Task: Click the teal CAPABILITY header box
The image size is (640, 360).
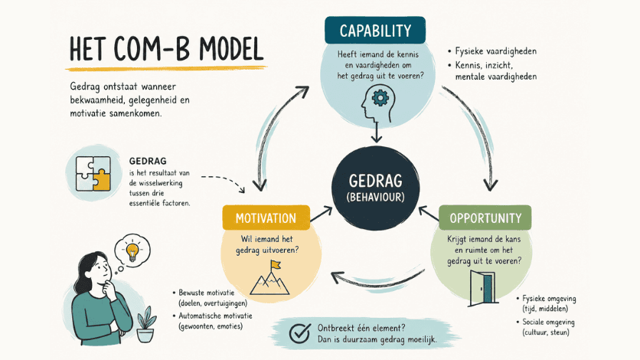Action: click(375, 30)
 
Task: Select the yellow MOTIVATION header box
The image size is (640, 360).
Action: click(266, 218)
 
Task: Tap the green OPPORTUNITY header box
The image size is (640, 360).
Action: click(485, 218)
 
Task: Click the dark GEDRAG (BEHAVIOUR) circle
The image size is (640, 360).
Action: click(376, 188)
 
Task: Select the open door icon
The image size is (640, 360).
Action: click(483, 288)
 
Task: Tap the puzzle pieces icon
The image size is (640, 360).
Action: click(93, 173)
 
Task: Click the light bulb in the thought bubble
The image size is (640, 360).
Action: click(132, 251)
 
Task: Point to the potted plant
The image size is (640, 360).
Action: click(145, 325)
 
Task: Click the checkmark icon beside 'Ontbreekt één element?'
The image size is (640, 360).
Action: click(300, 333)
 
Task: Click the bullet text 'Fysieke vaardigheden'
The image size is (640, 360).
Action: click(496, 51)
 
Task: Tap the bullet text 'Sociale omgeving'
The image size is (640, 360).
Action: click(548, 322)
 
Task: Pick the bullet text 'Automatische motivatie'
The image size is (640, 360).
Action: click(215, 316)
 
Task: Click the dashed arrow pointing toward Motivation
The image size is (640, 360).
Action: click(224, 180)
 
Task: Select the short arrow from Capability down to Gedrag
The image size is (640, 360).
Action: click(377, 133)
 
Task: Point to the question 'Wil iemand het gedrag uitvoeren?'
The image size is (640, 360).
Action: click(267, 244)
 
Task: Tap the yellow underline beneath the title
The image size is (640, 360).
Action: click(166, 67)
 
